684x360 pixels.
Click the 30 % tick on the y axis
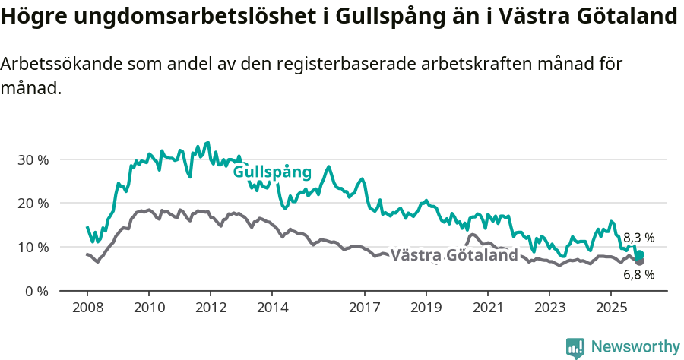32,160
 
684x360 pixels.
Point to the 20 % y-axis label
32,204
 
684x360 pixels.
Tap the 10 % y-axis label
32,248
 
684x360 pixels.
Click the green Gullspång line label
272,172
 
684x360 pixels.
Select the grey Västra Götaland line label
454,255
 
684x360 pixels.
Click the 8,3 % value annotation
638,238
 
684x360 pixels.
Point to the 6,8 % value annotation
638,275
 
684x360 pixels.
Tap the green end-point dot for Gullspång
640,255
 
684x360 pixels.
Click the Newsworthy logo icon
575,348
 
